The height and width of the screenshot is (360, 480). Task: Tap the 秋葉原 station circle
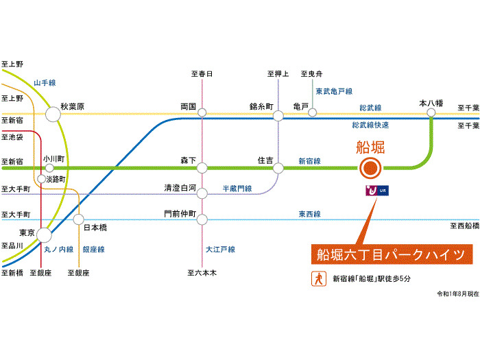pos(53,113)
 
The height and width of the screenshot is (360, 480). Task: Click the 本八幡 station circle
pos(431,112)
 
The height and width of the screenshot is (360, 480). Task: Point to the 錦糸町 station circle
pos(278,115)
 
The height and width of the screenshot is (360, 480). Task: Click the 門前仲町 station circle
pos(202,219)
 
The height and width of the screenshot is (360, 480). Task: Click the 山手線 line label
pos(46,82)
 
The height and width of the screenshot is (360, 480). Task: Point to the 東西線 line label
pos(309,214)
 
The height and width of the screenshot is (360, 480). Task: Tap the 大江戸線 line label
pos(220,250)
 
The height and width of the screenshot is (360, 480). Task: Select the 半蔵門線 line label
pos(237,187)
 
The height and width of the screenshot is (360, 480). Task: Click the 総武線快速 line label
pos(370,125)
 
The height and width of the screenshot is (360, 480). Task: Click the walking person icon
pos(319,278)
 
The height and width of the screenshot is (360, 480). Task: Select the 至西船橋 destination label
pos(464,226)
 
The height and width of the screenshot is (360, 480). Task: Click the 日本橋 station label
pos(95,227)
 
